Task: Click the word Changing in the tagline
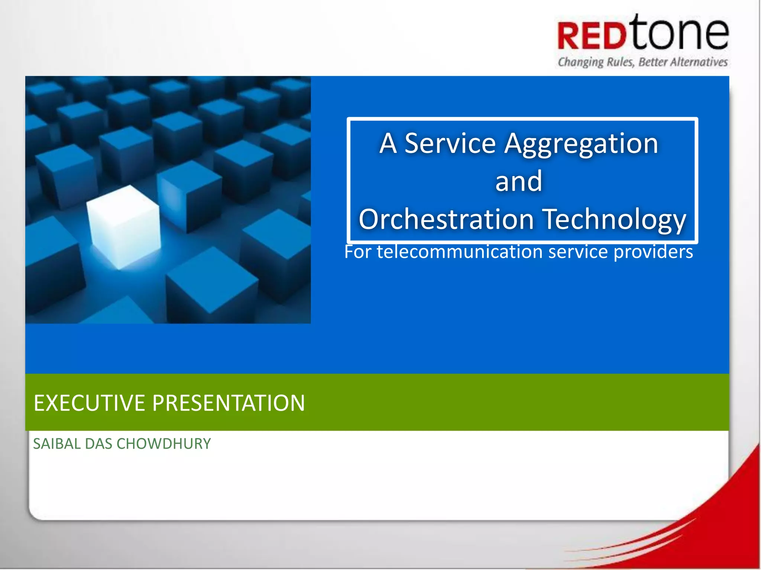click(x=581, y=62)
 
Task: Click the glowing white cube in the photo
click(x=124, y=226)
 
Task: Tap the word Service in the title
click(x=450, y=143)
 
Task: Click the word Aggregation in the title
click(x=581, y=145)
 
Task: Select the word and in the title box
click(x=519, y=181)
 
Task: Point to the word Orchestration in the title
click(x=447, y=219)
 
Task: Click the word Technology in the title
click(x=615, y=220)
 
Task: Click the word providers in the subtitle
click(x=653, y=252)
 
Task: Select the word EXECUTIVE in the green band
click(x=89, y=403)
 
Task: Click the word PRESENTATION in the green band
click(x=229, y=403)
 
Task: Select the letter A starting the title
click(x=388, y=143)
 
